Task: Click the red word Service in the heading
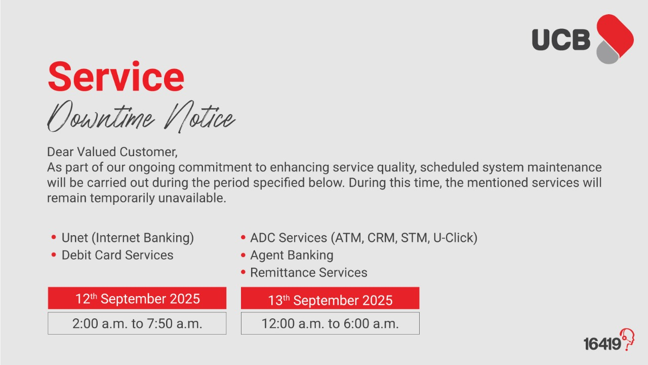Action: (116, 77)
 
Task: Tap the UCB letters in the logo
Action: (561, 40)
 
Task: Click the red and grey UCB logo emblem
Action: (615, 39)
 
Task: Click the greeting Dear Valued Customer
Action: (112, 152)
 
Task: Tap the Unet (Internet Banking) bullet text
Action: (128, 238)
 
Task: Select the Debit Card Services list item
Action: (117, 255)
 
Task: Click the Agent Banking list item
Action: (292, 255)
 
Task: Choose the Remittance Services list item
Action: (309, 273)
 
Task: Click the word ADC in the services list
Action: (262, 238)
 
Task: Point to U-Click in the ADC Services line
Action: (455, 238)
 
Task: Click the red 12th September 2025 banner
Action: (137, 298)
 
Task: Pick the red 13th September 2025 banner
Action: (330, 298)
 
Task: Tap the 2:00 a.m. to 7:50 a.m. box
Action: (137, 323)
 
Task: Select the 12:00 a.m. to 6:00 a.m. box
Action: (330, 323)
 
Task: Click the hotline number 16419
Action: (602, 344)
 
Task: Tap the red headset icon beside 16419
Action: (628, 339)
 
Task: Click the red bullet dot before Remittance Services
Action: (243, 272)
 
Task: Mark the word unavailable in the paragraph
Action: (192, 198)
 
